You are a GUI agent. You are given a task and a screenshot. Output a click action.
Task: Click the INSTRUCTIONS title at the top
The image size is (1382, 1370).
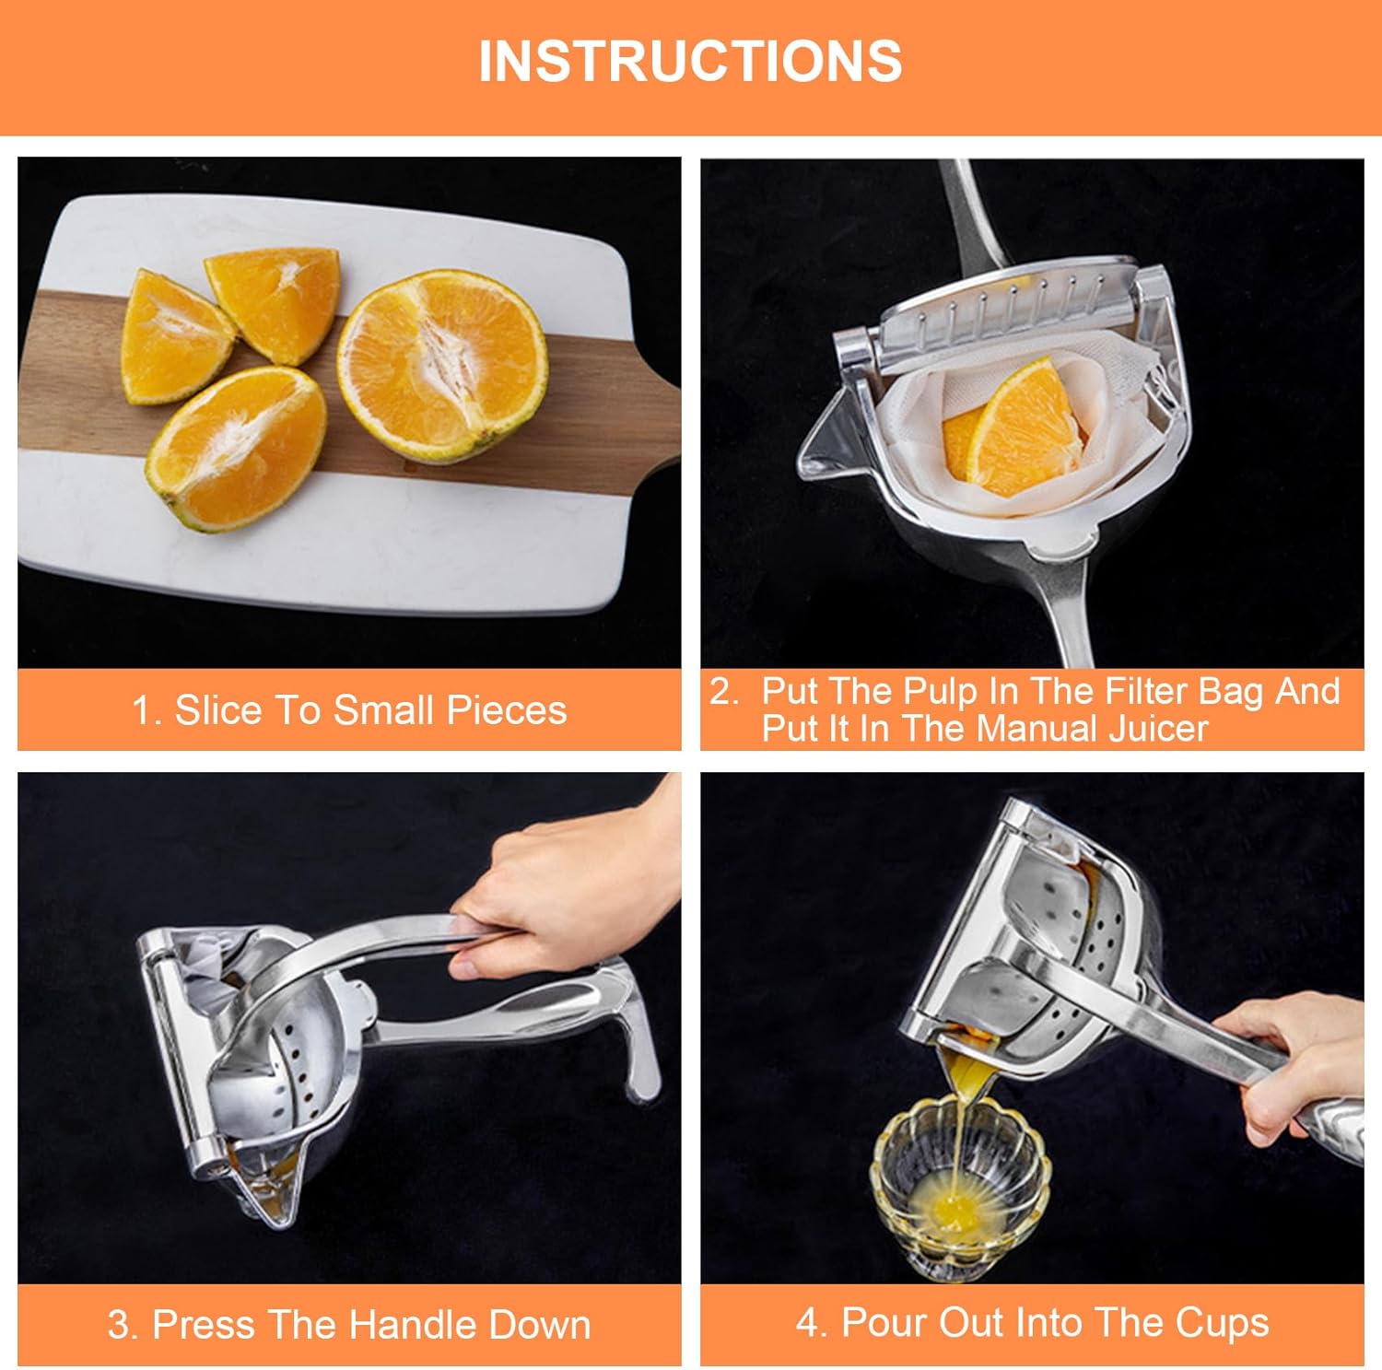point(690,62)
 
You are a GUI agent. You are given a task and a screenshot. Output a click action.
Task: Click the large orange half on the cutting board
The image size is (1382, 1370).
point(442,366)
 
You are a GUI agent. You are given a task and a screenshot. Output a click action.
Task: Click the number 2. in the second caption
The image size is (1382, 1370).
point(724,691)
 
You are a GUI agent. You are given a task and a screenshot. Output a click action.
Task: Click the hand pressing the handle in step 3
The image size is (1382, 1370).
point(562,884)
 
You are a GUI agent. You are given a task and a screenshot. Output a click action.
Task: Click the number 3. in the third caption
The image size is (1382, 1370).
point(123,1325)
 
